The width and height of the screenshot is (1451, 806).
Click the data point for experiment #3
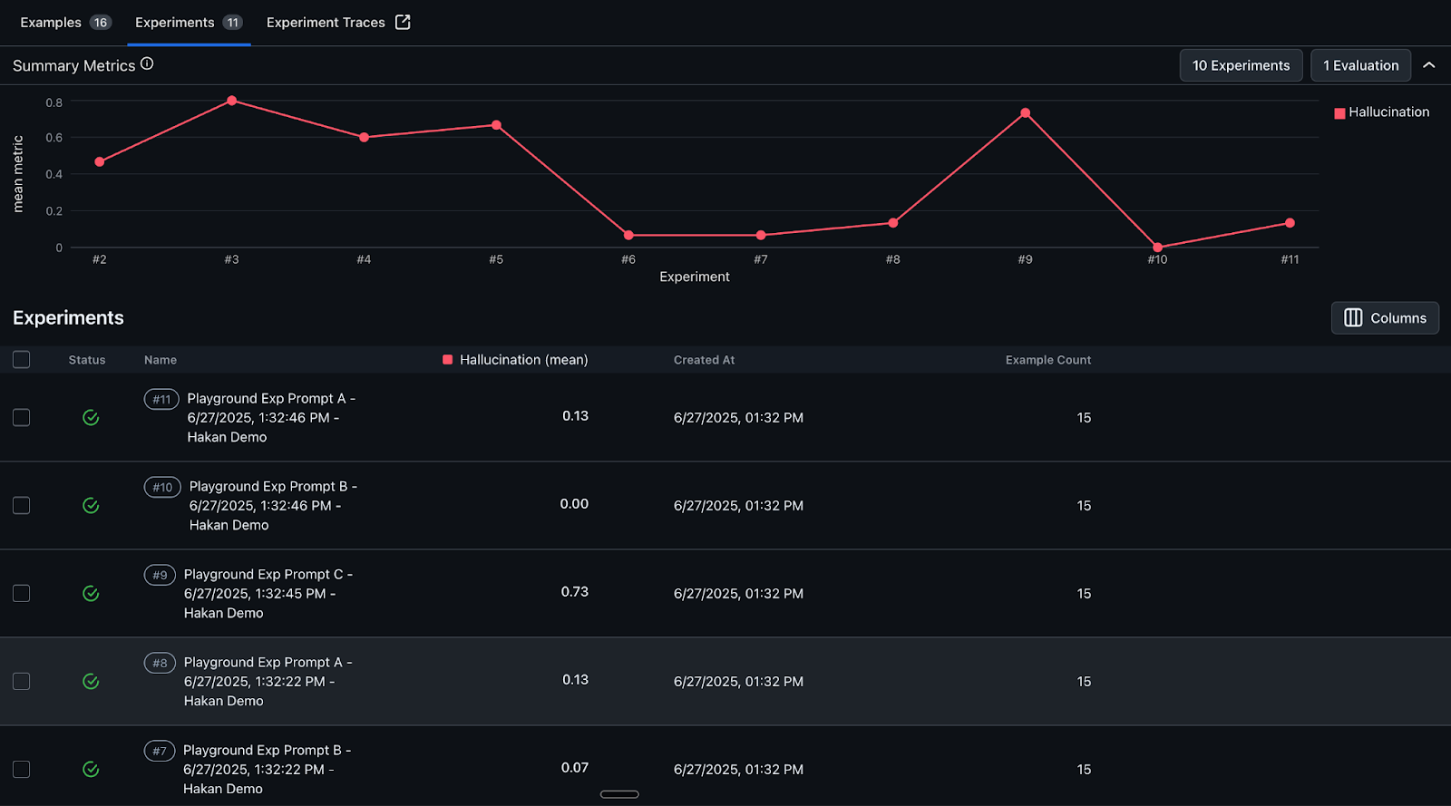click(231, 101)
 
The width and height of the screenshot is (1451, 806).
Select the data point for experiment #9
click(1025, 113)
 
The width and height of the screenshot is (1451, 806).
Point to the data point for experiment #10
click(1157, 248)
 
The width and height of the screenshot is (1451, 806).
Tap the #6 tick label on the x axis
click(628, 259)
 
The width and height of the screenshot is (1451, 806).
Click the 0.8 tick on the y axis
click(54, 102)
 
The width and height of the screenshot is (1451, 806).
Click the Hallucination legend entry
click(1381, 112)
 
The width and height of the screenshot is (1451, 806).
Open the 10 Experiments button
click(1241, 65)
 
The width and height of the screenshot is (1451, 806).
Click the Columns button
click(1385, 318)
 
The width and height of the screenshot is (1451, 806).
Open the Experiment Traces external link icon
click(403, 23)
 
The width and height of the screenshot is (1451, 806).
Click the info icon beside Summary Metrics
click(147, 64)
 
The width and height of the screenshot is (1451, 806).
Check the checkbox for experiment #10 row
click(22, 505)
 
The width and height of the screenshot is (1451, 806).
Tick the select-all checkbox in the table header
click(22, 360)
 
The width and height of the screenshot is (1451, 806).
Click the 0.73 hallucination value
click(575, 592)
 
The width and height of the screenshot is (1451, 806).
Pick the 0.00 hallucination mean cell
click(574, 504)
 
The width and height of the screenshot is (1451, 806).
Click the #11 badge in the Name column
click(161, 399)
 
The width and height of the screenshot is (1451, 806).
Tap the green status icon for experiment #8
click(91, 681)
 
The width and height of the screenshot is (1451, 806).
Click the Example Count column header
click(1047, 360)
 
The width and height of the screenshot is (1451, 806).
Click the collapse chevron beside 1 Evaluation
click(1429, 65)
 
